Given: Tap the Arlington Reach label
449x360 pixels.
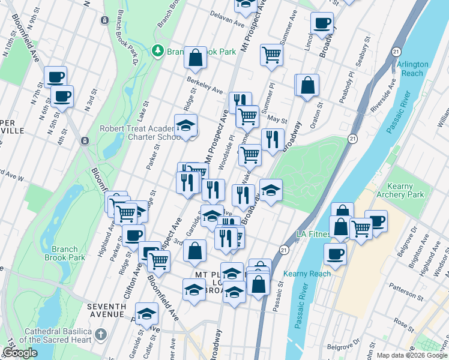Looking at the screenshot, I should point(412,68).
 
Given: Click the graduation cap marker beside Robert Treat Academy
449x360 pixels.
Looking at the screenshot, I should point(186,126).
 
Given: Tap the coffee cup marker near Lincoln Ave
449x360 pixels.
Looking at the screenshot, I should point(322,23).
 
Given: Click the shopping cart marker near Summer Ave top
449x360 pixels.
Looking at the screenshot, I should point(272,55).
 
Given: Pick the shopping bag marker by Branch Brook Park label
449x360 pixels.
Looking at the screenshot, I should point(196,58).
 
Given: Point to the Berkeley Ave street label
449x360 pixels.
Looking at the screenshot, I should point(205,85).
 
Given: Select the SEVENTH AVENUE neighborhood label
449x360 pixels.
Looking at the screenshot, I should point(106,310).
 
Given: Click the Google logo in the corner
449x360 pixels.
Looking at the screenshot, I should point(20,353).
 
